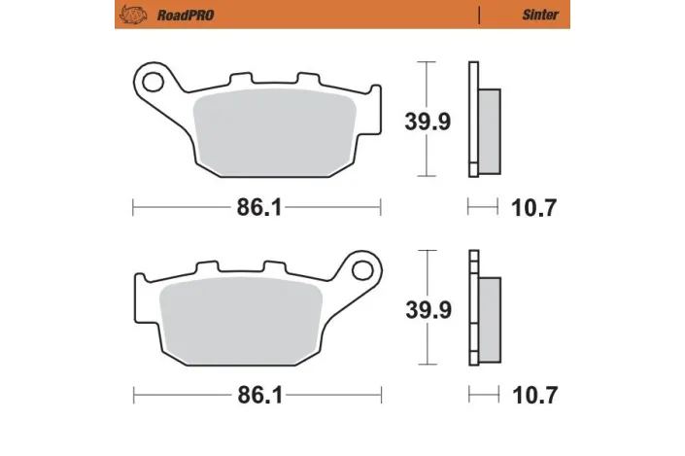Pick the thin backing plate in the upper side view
tap(473, 120)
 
